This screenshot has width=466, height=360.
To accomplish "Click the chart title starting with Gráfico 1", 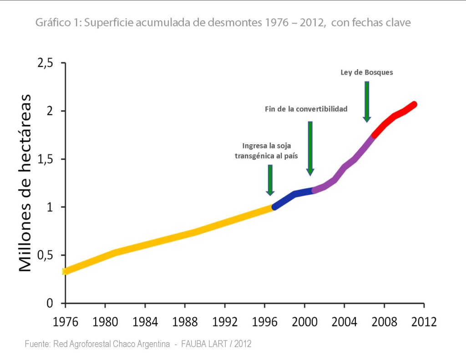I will (223, 22).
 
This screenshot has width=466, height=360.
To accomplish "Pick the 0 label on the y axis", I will (50, 304).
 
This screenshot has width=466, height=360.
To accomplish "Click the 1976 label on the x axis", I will (65, 322).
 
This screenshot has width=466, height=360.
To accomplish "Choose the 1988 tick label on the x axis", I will (185, 322).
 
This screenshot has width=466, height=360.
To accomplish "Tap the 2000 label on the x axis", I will (304, 322).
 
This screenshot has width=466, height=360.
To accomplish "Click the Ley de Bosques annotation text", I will (366, 72).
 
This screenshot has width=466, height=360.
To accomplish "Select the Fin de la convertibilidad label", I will (306, 109).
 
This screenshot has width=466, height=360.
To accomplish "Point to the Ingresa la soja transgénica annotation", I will (269, 151).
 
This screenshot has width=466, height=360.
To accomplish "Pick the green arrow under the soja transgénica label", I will (270, 180).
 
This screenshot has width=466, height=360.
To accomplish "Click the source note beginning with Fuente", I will (138, 344).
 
